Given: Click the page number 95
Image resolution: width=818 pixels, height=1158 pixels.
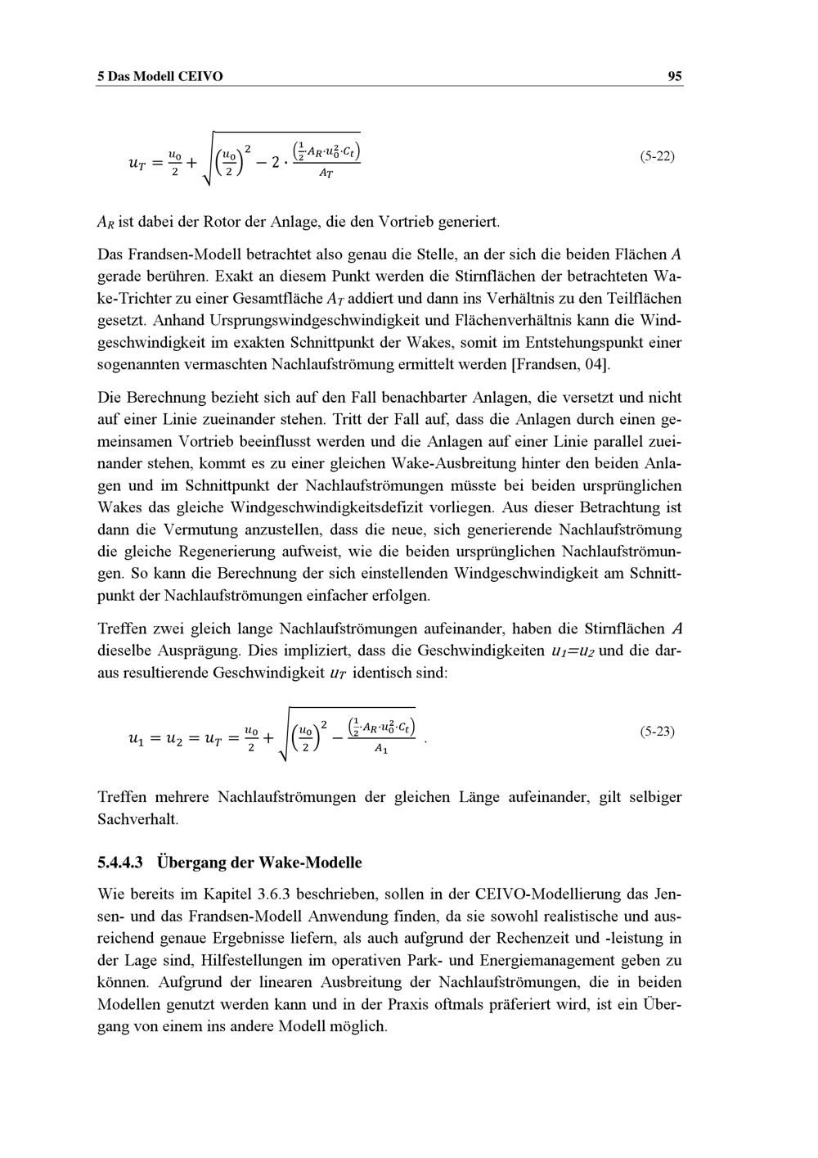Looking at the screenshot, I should (675, 76).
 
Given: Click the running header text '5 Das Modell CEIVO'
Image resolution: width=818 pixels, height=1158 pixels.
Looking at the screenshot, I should (160, 76).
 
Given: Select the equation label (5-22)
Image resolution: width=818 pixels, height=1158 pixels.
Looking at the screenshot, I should (657, 155).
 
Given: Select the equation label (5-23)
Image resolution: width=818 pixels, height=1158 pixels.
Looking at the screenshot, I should (657, 731).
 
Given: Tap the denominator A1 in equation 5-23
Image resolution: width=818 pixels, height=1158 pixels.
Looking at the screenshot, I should (380, 750).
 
